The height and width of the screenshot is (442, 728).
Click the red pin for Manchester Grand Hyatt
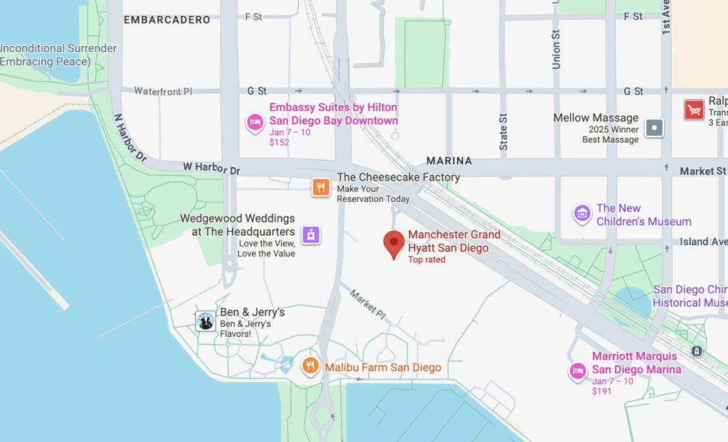(x=394, y=244)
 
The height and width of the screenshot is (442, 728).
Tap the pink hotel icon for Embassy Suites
(x=255, y=122)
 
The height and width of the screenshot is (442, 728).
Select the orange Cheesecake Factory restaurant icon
(x=321, y=187)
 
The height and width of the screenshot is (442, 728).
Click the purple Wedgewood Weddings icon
(x=311, y=235)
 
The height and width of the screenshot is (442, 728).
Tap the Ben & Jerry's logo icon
(x=205, y=321)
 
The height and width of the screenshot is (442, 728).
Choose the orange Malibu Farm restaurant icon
(x=310, y=367)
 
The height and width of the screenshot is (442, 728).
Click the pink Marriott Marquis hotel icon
(x=577, y=370)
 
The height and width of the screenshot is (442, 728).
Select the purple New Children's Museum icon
(x=582, y=213)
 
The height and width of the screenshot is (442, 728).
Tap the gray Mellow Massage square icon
(x=654, y=129)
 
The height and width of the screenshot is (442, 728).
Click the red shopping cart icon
(x=694, y=110)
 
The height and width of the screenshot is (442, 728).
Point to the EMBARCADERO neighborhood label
(x=167, y=20)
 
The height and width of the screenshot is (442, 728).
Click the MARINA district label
(x=450, y=161)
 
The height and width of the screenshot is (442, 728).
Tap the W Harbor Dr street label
(x=211, y=170)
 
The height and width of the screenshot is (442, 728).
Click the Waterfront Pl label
(x=164, y=92)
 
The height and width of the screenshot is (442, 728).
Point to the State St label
(x=503, y=131)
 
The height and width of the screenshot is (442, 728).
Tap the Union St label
(x=556, y=49)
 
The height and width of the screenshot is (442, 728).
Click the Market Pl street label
(x=368, y=304)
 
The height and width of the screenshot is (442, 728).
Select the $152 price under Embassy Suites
(x=279, y=142)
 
